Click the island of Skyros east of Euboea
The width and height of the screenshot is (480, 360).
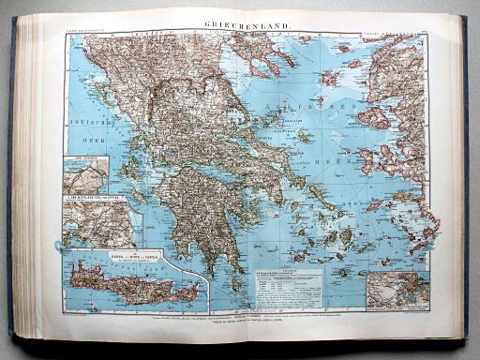(x=305, y=137)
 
